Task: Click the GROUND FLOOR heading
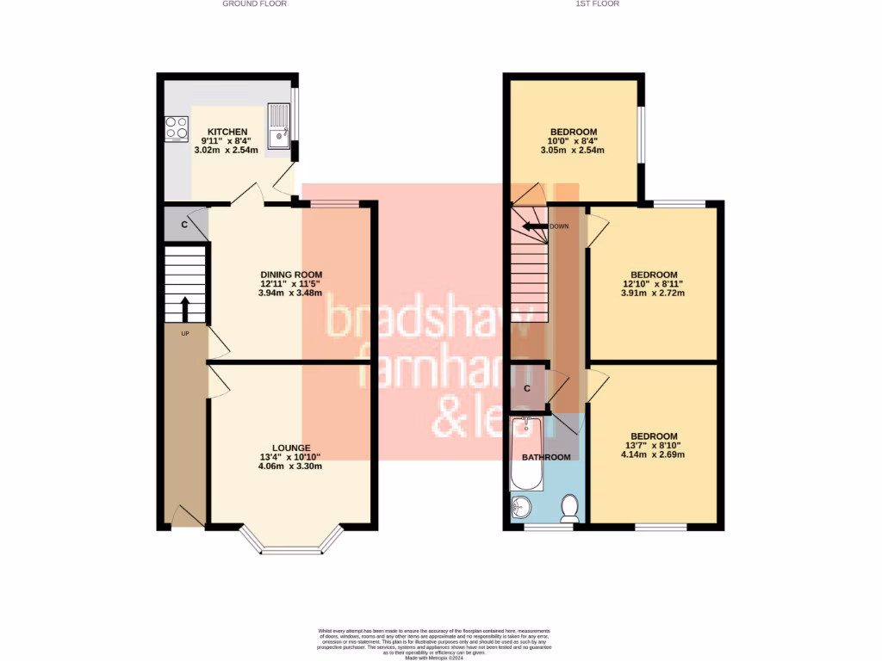pyautogui.click(x=254, y=3)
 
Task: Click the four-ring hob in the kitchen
pyautogui.click(x=176, y=127)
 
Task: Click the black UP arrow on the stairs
pyautogui.click(x=185, y=308)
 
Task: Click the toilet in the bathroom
pyautogui.click(x=569, y=508)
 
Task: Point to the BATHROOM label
pyautogui.click(x=546, y=457)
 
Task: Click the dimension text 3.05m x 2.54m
pyautogui.click(x=572, y=150)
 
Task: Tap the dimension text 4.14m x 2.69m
pyautogui.click(x=652, y=454)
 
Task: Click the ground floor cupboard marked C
pyautogui.click(x=183, y=225)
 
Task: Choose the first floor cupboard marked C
pyautogui.click(x=527, y=389)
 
